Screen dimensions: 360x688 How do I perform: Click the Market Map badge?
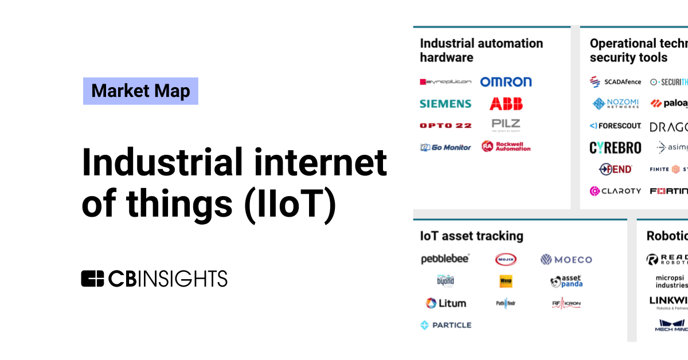coord(140,91)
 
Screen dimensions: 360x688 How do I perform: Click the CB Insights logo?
coord(154,279)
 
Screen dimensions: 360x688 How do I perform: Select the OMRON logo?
coord(506,82)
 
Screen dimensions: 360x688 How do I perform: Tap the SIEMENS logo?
coord(445,104)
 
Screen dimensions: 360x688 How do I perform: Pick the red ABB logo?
coord(506,104)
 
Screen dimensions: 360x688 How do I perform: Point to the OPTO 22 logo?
coord(445,126)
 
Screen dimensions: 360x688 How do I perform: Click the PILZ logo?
coord(506,125)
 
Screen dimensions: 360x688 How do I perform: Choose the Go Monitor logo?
coord(445,147)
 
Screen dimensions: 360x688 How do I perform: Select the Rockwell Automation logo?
coord(506,146)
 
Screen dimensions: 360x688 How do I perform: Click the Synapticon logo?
coord(445,82)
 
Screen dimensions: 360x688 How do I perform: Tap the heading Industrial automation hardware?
coord(481,50)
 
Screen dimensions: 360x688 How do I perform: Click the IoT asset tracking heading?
coord(471,236)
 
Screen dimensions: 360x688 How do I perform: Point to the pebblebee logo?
coord(445,259)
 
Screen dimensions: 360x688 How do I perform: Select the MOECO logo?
coord(566,260)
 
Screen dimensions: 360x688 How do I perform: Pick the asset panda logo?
coord(566,281)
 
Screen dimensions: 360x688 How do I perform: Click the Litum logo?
coord(445,303)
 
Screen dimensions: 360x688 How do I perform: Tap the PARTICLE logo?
coord(445,325)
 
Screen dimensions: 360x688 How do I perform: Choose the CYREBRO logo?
coord(615,148)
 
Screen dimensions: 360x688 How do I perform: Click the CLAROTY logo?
coord(615,191)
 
